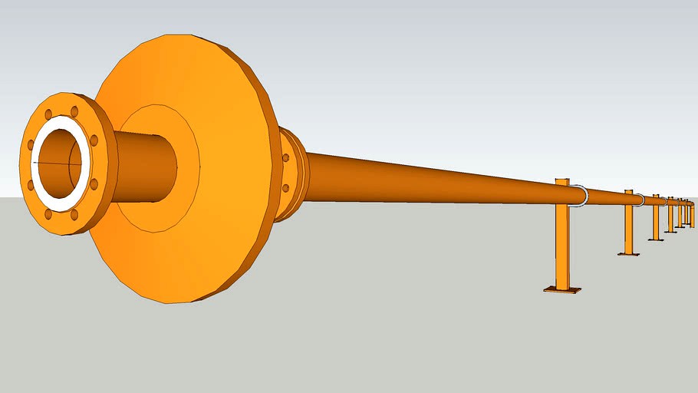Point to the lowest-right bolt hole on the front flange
click(x=74, y=215)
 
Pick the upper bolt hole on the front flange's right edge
click(x=94, y=140)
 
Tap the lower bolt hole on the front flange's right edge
click(x=94, y=184)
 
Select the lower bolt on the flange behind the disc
click(x=286, y=188)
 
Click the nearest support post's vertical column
click(x=563, y=246)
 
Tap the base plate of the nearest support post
click(x=562, y=289)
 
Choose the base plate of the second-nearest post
click(x=628, y=253)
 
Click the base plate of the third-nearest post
click(x=656, y=239)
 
